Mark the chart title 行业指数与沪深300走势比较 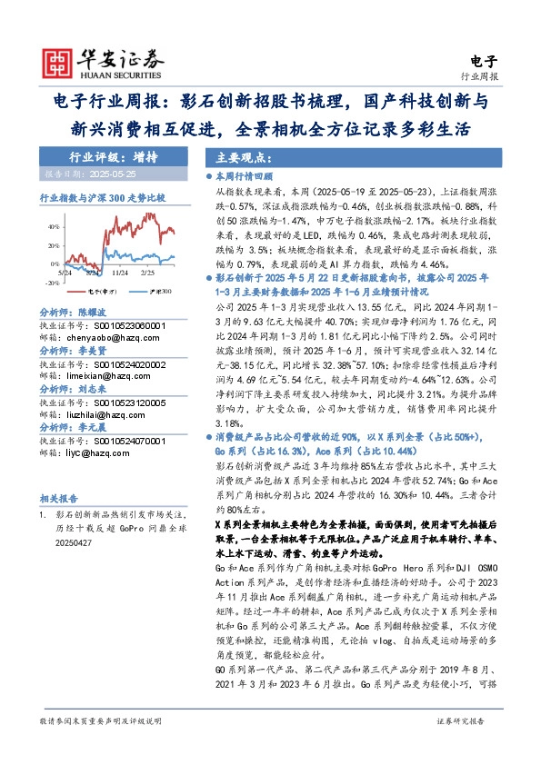coord(103,196)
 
